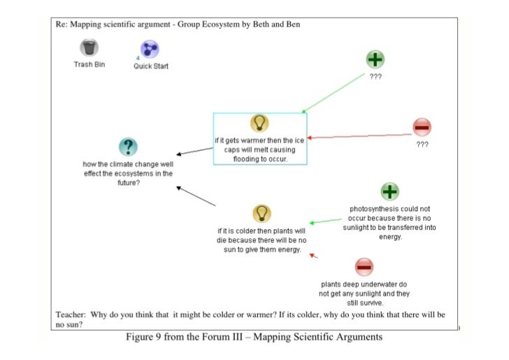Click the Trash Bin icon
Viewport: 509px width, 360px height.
(89, 48)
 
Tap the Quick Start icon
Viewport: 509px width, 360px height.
(150, 49)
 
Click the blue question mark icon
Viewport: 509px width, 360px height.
(127, 147)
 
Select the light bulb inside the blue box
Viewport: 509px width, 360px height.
(259, 123)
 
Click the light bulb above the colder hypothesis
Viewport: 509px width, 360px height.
(261, 213)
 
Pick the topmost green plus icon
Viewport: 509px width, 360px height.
(375, 61)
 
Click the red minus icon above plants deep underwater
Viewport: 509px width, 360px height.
(364, 266)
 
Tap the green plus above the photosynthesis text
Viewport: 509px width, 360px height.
(389, 191)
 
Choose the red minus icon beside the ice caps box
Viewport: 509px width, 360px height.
(422, 127)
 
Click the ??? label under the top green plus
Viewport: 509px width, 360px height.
(375, 78)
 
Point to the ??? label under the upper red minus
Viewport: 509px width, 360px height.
(422, 144)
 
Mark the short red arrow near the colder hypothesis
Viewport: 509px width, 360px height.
(314, 256)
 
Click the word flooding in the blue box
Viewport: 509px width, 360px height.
(249, 159)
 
